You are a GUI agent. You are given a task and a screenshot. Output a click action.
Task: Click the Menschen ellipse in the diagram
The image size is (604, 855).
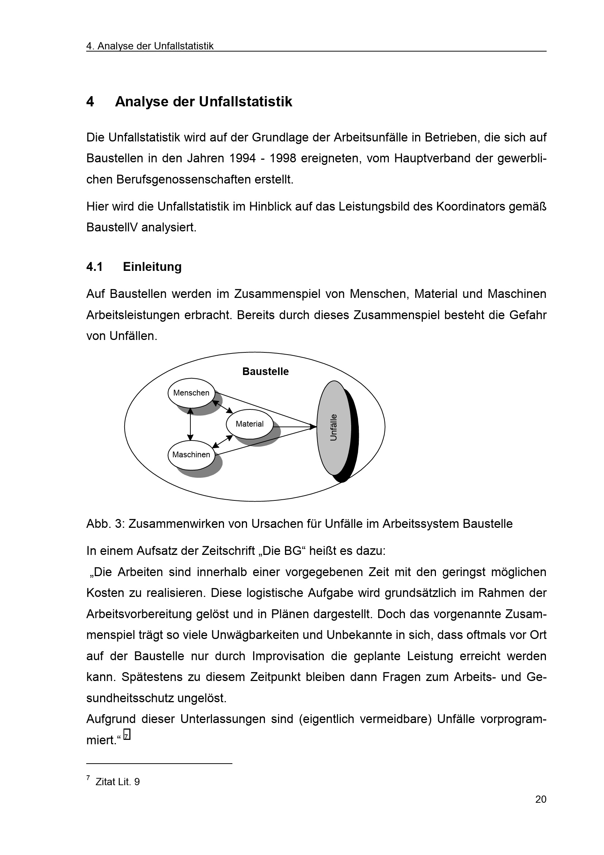[191, 393]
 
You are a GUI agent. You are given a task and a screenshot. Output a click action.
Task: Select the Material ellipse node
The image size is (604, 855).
[249, 424]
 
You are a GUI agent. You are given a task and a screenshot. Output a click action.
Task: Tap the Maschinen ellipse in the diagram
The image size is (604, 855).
[191, 455]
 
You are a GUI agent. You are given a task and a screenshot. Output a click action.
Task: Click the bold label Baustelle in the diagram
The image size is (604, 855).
[265, 372]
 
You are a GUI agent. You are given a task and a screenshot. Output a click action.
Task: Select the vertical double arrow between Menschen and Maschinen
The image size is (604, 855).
[190, 424]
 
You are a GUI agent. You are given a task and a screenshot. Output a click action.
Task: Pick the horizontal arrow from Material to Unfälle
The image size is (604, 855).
[294, 427]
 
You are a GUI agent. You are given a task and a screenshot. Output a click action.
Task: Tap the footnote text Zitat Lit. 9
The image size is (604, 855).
[117, 782]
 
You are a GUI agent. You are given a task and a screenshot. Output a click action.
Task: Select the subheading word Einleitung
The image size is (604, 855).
[152, 266]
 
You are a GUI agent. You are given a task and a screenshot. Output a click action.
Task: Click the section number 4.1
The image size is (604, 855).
[95, 266]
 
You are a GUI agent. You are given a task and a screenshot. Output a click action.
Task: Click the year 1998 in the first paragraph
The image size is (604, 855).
[282, 159]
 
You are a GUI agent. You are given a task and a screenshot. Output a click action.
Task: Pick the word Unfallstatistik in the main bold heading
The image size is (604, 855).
[246, 102]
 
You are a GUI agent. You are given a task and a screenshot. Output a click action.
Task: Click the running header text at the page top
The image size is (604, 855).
[150, 46]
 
